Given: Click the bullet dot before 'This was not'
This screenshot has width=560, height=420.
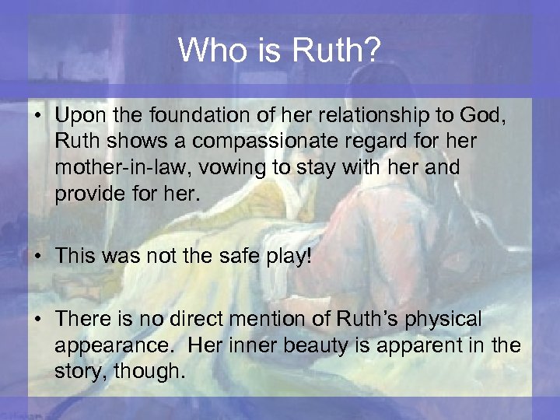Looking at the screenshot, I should [41, 257].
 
